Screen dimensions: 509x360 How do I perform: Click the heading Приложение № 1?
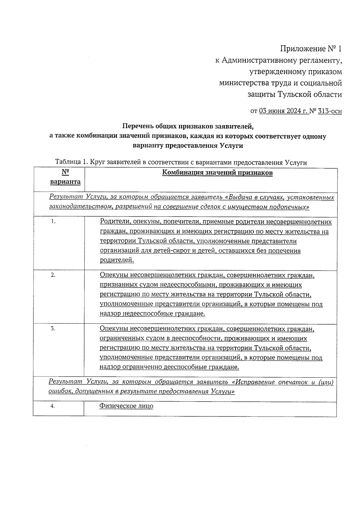pos(311,49)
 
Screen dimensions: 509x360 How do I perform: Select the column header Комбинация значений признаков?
pos(217,173)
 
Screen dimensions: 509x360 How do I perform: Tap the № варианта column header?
pos(65,177)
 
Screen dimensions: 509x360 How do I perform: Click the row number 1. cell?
pos(54,222)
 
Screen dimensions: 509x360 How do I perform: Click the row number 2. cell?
pos(53,275)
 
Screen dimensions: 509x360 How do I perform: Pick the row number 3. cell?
pos(53,329)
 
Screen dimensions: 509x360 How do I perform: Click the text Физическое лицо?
pos(126,406)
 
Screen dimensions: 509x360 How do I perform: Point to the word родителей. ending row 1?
pos(117,260)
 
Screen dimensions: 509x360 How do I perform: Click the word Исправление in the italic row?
pos(256,382)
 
